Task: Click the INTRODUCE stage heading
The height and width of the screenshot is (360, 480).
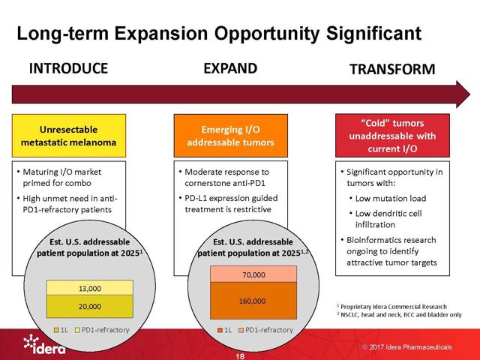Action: click(68, 68)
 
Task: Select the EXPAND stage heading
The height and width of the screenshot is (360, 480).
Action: click(230, 68)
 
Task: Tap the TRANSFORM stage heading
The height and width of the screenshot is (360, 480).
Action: click(392, 69)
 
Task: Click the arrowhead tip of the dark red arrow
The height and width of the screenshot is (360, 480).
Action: click(470, 94)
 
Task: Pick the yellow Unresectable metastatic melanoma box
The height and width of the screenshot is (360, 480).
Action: click(69, 136)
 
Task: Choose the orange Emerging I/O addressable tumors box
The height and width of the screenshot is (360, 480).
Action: click(231, 136)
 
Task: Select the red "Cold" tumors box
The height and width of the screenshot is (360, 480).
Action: click(392, 135)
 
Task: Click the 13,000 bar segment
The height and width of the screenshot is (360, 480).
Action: click(90, 288)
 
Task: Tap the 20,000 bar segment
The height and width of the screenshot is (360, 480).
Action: click(90, 307)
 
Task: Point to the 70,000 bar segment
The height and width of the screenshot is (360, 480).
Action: click(253, 274)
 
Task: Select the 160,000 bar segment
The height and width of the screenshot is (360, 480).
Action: click(253, 301)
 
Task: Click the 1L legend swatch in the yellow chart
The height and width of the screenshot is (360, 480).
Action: click(56, 330)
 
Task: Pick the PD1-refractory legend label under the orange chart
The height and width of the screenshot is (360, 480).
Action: click(269, 330)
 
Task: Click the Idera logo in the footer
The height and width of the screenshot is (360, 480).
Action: click(44, 344)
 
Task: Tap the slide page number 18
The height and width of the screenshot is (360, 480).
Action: click(240, 356)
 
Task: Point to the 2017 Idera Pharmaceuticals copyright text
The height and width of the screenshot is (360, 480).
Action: click(407, 347)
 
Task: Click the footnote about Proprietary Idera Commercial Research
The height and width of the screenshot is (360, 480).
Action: click(391, 307)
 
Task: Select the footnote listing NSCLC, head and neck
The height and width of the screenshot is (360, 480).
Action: click(399, 315)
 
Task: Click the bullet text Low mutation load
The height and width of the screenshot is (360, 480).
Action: click(391, 198)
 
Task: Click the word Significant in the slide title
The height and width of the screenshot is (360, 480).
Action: click(373, 33)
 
